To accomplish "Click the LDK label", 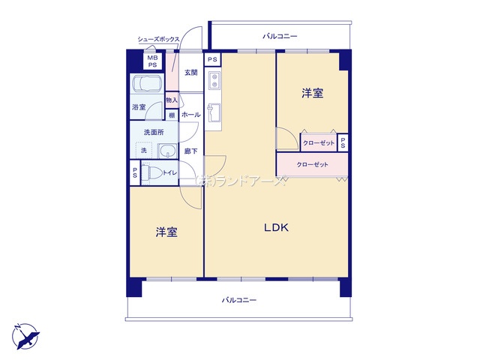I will [x=275, y=228].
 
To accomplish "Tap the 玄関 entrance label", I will [x=191, y=73].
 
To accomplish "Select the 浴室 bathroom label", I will [x=139, y=107].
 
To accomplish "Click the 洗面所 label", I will [x=154, y=133].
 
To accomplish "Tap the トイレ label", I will [x=170, y=173].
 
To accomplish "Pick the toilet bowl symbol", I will [x=152, y=173].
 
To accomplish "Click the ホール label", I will [x=190, y=115].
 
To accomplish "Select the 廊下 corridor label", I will [x=190, y=151].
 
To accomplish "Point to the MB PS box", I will [x=152, y=61].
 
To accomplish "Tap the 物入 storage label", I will [x=172, y=100].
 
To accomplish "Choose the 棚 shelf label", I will [x=172, y=115].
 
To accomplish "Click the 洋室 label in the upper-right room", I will [x=313, y=94].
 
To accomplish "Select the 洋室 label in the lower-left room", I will [x=166, y=232].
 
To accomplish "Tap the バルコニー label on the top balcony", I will [x=280, y=36].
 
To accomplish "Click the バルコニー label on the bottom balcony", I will [x=239, y=300].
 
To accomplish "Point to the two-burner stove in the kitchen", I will [x=213, y=78].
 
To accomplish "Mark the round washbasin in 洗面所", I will [x=166, y=150].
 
